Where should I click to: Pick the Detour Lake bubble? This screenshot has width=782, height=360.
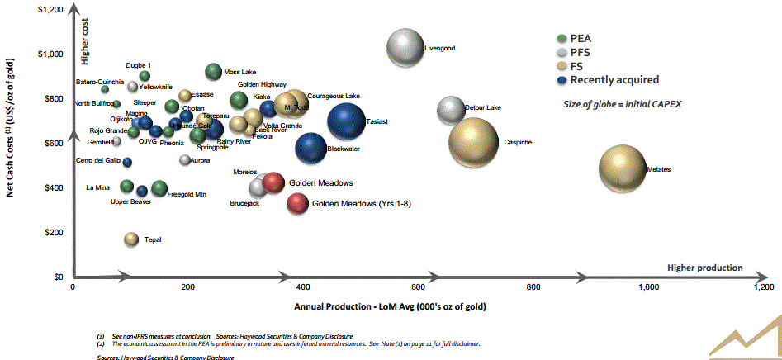coord(451,108)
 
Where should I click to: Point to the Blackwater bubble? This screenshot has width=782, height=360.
coord(310,149)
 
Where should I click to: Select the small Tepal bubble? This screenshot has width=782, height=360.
coord(130,239)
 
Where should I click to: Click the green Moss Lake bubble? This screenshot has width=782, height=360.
coord(213,73)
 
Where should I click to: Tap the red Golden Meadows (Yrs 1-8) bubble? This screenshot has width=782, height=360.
coord(297,203)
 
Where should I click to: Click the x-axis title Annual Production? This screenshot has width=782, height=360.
coord(389,306)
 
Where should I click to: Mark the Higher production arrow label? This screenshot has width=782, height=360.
coord(704,268)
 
